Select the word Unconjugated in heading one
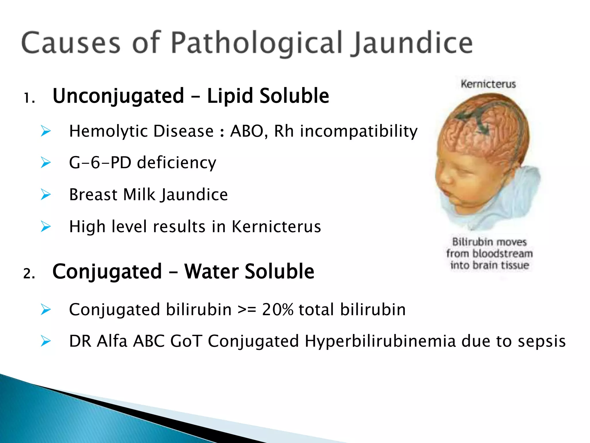[x=118, y=96]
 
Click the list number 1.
[x=29, y=98]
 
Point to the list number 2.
[x=29, y=273]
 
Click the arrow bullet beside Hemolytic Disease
[x=46, y=131]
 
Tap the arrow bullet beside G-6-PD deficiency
[x=46, y=162]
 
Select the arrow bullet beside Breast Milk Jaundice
[x=46, y=194]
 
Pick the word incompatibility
[x=358, y=131]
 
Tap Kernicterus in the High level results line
[x=276, y=226]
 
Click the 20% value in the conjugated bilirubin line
[x=278, y=310]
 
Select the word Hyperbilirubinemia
[x=380, y=341]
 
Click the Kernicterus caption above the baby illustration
[x=488, y=84]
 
